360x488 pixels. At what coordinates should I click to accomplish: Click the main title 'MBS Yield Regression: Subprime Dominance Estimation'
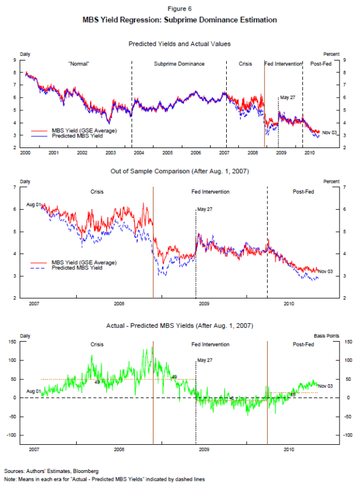click(180, 20)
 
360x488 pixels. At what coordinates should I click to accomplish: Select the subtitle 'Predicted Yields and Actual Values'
click(179, 44)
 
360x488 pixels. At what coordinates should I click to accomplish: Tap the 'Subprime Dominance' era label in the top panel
click(179, 64)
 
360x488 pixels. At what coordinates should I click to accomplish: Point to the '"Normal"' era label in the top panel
click(79, 64)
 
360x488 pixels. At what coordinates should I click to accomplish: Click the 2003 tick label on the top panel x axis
click(110, 153)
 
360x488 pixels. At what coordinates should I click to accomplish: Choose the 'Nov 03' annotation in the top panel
click(329, 132)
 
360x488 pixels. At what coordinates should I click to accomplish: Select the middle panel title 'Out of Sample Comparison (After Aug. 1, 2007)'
click(179, 171)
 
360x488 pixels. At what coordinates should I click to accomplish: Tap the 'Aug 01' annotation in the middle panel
click(33, 205)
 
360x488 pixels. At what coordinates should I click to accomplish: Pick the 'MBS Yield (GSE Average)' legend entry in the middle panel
click(84, 263)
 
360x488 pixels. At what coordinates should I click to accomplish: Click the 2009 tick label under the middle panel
click(203, 304)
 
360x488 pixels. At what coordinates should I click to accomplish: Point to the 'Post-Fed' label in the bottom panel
click(304, 345)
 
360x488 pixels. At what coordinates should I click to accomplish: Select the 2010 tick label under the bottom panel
click(289, 448)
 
